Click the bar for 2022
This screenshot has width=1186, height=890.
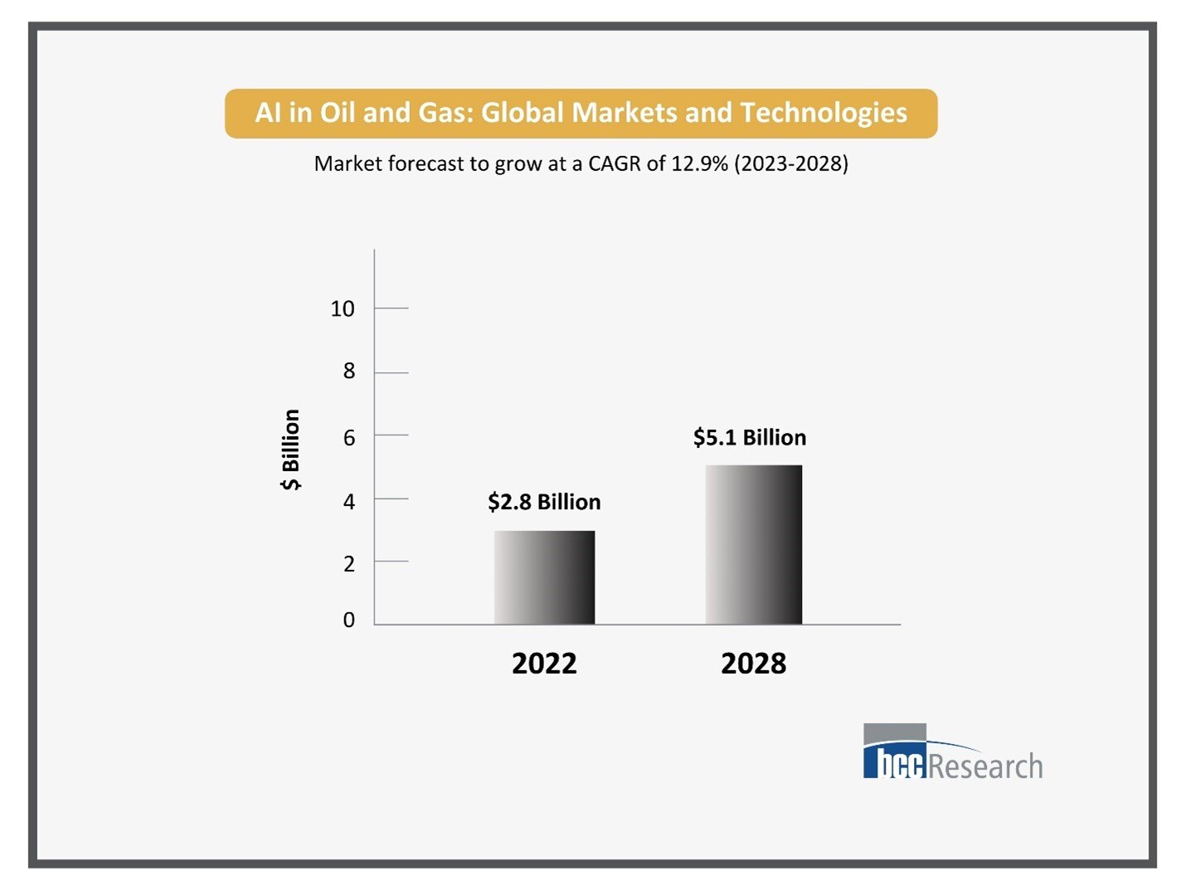pos(544,577)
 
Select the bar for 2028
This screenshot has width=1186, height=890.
pos(753,545)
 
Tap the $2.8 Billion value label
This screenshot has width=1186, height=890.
pos(544,502)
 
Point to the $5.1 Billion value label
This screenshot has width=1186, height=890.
pos(750,437)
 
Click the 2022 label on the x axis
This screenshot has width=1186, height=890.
pos(544,664)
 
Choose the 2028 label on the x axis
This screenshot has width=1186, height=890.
pos(753,664)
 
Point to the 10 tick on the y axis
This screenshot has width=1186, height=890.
pos(342,309)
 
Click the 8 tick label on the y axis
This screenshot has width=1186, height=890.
pos(349,372)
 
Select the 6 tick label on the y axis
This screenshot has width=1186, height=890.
pos(349,437)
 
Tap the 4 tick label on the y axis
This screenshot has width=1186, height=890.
pos(349,501)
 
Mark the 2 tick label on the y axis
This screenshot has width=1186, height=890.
pos(349,564)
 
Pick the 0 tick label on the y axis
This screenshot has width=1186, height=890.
pos(349,620)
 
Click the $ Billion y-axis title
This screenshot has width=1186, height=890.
pos(290,450)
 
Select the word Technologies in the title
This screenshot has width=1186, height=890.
pos(824,113)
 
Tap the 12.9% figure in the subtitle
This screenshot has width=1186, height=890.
pos(699,163)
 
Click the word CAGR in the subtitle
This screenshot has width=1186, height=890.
pos(615,163)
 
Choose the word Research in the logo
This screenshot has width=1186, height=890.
pos(985,766)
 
